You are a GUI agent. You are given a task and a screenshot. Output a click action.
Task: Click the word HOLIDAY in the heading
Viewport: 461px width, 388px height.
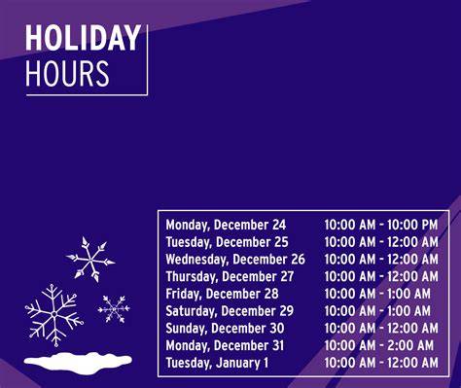coord(83,38)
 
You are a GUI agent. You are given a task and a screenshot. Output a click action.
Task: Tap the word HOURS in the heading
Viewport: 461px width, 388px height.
coord(67,73)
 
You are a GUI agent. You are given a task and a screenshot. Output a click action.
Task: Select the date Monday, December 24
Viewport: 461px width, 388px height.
coord(226,225)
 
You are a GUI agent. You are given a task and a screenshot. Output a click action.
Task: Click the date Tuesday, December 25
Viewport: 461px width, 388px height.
coord(227,242)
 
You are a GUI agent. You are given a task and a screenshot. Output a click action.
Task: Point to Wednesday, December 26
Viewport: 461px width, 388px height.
coord(235,260)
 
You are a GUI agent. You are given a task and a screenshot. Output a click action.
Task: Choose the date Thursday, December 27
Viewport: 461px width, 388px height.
coord(230,276)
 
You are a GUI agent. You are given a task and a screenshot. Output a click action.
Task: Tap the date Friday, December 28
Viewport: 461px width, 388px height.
coord(222,294)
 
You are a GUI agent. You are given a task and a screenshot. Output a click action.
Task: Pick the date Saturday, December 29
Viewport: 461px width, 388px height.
coord(230,311)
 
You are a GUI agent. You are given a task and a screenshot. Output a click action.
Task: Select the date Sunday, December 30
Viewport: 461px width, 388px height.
coord(225,328)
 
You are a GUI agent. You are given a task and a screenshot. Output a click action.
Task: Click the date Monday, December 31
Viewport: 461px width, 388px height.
coord(225,345)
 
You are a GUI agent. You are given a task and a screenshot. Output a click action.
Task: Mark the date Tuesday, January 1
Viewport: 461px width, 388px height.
coord(217,363)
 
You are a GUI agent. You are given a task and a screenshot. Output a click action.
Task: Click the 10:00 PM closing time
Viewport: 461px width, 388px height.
coord(412,225)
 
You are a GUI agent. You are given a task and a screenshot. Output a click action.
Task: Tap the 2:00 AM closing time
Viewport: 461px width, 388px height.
coord(410,345)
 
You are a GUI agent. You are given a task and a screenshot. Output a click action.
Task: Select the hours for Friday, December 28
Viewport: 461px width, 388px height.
coord(377,294)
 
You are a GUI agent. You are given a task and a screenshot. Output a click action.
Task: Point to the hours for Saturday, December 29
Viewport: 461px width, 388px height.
coord(377,311)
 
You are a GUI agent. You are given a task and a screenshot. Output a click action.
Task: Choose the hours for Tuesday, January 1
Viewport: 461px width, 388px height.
coord(381,363)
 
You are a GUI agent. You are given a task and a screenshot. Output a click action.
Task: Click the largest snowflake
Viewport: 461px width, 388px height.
coord(54,314)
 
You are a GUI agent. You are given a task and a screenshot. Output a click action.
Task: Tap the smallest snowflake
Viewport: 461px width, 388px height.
coord(114,309)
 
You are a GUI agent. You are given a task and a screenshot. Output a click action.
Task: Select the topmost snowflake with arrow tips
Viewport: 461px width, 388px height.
coord(90,260)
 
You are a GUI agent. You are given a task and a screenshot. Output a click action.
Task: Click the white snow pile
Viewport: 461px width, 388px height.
coord(78,362)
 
